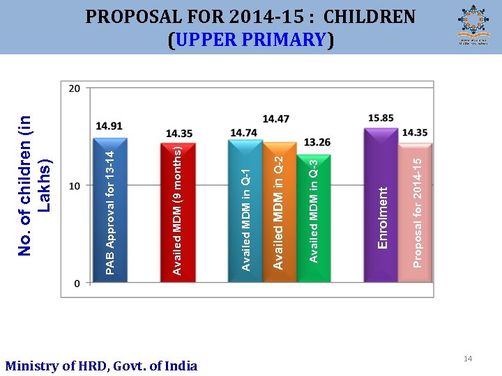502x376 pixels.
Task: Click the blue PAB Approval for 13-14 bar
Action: [109, 209]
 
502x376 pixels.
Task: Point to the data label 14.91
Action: [109, 126]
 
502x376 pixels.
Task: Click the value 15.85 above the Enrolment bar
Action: [381, 118]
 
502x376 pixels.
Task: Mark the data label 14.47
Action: [276, 119]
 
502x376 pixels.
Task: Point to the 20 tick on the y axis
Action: [75, 88]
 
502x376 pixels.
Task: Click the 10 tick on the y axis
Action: [75, 185]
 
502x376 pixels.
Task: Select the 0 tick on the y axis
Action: [77, 283]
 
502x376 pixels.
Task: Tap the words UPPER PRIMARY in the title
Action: [251, 40]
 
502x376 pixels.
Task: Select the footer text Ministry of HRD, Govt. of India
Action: [101, 366]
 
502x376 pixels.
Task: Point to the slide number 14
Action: [468, 359]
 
